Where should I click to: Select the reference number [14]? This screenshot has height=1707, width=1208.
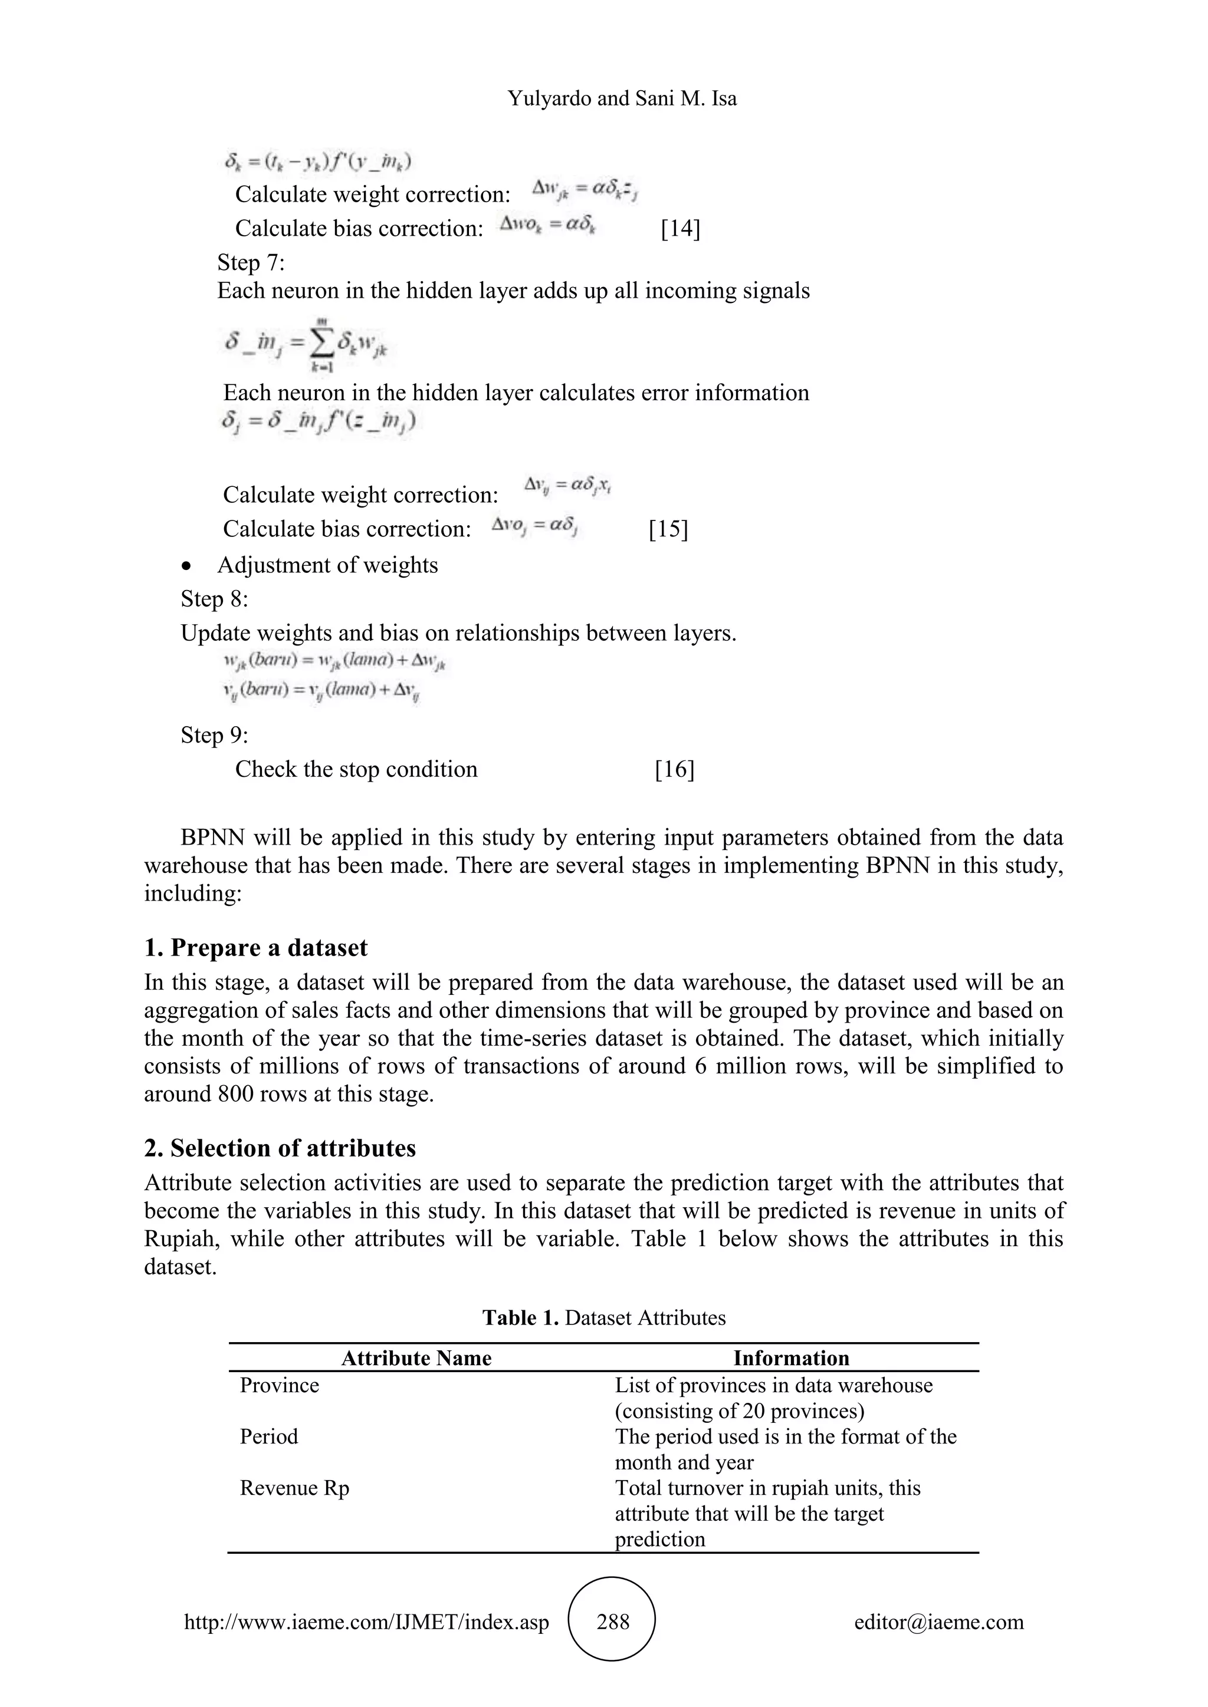coord(680,228)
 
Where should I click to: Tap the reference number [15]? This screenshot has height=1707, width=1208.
coord(668,529)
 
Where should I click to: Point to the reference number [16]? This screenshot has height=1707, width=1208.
coord(674,769)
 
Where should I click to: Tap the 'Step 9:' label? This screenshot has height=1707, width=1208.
coord(214,734)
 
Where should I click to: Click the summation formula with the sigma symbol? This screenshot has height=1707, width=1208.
coord(307,344)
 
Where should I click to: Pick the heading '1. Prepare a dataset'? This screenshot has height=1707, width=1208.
coord(256,948)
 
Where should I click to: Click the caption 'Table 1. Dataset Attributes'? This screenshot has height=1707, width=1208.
coord(603,1317)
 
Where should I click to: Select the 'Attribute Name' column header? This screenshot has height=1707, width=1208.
coord(416,1358)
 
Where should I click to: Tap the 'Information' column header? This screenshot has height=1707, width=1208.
coord(791,1358)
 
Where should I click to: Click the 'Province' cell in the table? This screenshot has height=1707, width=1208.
coord(279,1385)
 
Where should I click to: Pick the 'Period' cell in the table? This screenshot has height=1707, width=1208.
coord(268,1436)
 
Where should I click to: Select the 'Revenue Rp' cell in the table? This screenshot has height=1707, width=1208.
coord(294,1488)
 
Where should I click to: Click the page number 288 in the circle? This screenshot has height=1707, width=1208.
coord(612,1622)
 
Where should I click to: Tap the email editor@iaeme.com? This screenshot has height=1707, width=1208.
coord(938,1622)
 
